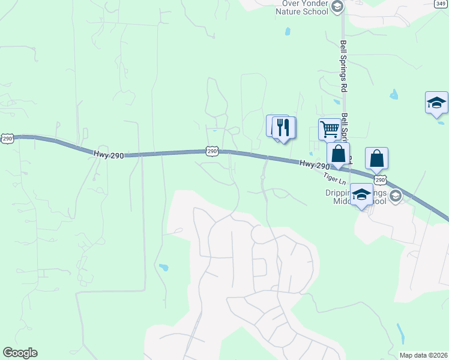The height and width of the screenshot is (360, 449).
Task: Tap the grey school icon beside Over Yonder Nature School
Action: [x=337, y=7]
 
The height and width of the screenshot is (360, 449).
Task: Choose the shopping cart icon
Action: [x=330, y=128]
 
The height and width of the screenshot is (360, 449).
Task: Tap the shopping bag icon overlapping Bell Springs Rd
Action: [x=338, y=154]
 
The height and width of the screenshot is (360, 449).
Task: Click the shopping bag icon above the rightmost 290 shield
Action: [x=376, y=158]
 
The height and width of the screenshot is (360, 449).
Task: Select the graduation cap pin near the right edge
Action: [x=436, y=103]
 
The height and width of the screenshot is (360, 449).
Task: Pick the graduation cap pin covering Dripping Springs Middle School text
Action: [x=361, y=194]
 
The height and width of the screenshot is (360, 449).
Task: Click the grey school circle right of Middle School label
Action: [x=396, y=195]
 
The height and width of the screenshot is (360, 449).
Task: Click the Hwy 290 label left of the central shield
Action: [x=109, y=155]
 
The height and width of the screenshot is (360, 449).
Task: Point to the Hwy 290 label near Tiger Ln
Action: [x=314, y=164]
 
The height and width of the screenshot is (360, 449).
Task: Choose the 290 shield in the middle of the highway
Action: [x=212, y=152]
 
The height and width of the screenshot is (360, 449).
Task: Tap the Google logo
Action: [x=20, y=353]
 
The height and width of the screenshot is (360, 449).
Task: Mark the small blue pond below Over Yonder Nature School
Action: [x=288, y=31]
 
